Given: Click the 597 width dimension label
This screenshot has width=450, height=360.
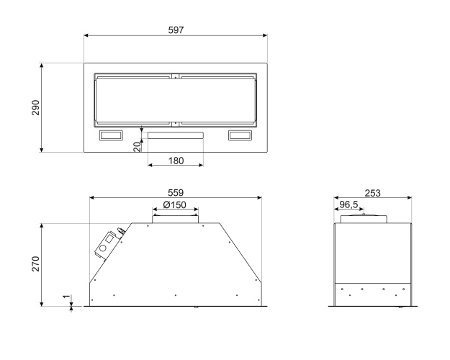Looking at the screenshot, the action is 176,30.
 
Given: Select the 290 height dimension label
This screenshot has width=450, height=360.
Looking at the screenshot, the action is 35,107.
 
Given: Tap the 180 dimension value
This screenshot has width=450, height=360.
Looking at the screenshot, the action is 176,161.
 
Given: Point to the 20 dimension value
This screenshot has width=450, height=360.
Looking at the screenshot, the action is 138,147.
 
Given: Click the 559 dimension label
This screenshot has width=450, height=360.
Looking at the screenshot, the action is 176,193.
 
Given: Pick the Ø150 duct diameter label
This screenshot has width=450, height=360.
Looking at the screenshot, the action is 174,204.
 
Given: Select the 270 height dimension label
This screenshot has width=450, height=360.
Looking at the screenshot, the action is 35,264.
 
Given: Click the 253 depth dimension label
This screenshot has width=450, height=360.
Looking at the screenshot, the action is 372,193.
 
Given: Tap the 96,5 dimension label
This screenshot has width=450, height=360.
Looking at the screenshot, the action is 348,204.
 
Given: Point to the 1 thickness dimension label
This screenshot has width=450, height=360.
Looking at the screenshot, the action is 66,297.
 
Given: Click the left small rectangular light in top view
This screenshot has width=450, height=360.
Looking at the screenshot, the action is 111,135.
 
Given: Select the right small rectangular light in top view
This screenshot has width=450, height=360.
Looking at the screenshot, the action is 240,135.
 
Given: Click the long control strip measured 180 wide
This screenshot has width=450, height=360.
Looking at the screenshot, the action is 176,135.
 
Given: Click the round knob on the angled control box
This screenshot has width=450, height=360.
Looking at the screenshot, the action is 103,249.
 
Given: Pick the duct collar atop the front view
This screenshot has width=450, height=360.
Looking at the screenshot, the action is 176,219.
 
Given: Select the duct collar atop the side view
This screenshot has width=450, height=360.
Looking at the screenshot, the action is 364,219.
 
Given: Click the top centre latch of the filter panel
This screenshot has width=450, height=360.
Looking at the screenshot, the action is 176,76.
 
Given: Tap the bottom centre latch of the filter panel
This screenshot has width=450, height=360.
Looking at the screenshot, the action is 176,124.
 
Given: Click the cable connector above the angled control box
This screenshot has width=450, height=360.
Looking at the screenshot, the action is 122,230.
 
